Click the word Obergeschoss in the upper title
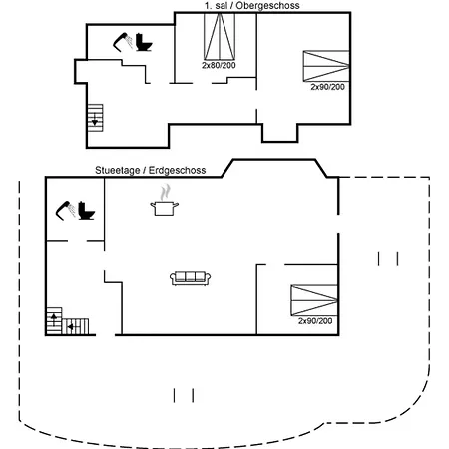click(x=271, y=6)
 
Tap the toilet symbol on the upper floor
click(x=145, y=44)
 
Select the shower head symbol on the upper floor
click(x=124, y=41)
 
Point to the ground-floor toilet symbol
click(x=86, y=213)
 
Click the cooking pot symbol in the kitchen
click(x=164, y=207)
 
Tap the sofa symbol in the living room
click(x=189, y=277)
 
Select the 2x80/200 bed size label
click(x=218, y=66)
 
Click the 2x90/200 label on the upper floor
click(x=327, y=87)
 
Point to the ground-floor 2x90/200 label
click(x=315, y=321)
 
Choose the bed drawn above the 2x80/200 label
click(x=218, y=37)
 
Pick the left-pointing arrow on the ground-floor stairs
click(x=72, y=325)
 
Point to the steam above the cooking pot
click(x=164, y=191)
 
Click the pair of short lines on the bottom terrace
click(x=183, y=395)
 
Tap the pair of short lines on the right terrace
click(x=387, y=259)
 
